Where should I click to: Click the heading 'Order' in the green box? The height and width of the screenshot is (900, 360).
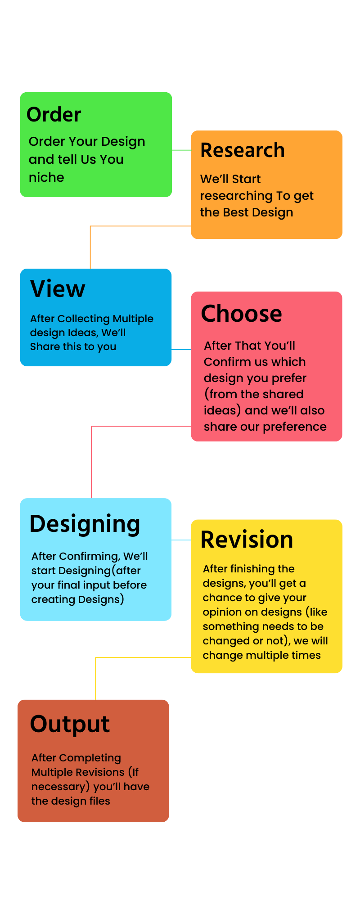coord(54,114)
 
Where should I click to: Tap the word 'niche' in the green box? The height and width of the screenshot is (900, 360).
coord(46,177)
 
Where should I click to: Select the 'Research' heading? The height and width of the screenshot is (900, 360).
coord(243,150)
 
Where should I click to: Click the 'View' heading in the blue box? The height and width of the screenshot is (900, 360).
coord(58,289)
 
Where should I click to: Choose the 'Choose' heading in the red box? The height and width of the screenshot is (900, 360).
coord(242,314)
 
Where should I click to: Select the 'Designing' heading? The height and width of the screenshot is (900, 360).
coord(85,524)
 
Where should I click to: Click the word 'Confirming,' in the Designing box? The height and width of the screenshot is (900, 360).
coord(90,557)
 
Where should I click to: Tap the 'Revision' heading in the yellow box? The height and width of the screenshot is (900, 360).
coord(247,540)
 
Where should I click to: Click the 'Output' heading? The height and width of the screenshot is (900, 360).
coord(70,724)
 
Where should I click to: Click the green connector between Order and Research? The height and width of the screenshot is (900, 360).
coord(181,150)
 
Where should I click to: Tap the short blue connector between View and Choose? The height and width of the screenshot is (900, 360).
coord(181,350)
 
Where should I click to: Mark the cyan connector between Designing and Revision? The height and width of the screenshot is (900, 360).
coord(181,540)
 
